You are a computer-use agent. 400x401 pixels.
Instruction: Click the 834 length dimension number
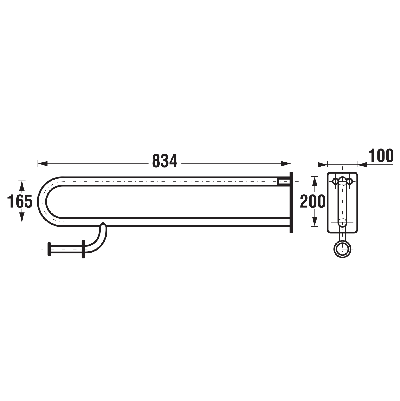pyautogui.click(x=165, y=161)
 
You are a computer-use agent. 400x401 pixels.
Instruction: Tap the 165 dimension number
pyautogui.click(x=20, y=201)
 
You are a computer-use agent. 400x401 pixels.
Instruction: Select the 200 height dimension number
pyautogui.click(x=313, y=201)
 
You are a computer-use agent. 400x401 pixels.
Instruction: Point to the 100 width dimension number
pyautogui.click(x=381, y=156)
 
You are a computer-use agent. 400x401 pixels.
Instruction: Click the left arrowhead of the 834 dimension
pyautogui.click(x=43, y=164)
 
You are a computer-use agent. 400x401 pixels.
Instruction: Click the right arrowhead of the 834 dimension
pyautogui.click(x=286, y=164)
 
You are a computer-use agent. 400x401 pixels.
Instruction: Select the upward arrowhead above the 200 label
pyautogui.click(x=315, y=181)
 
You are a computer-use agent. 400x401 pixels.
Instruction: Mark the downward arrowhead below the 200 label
pyautogui.click(x=315, y=221)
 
